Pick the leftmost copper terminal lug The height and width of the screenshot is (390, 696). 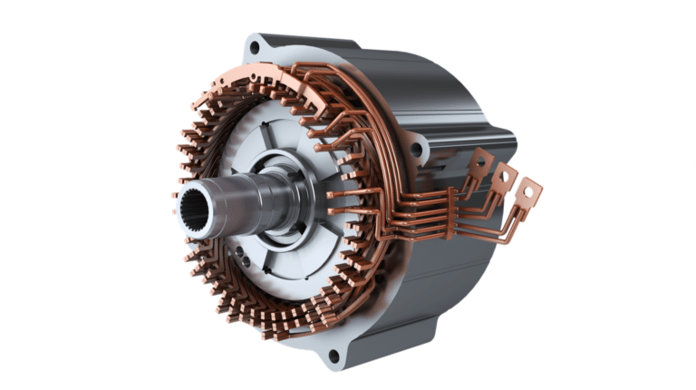pyautogui.click(x=479, y=163)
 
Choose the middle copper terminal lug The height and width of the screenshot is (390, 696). pyautogui.click(x=504, y=176)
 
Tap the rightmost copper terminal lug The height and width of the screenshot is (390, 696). pyautogui.click(x=527, y=193)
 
